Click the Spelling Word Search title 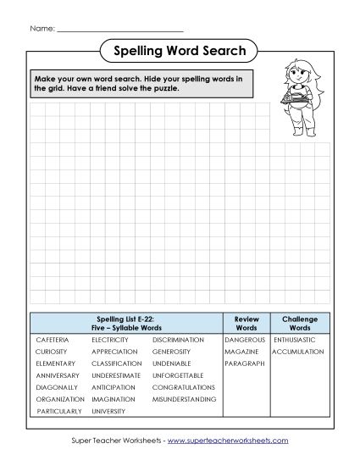pos(180,52)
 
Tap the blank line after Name pos(119,30)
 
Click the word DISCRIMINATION pos(178,339)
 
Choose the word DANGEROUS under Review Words pos(245,339)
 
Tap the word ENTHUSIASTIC pos(295,339)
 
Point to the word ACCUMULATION pos(298,351)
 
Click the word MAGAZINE pos(241,351)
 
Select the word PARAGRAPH pos(245,363)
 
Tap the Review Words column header pos(246,322)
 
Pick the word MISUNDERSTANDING pos(184,398)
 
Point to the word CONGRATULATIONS pos(183,386)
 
